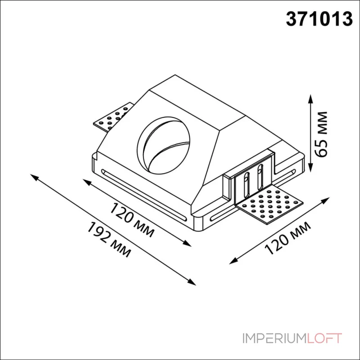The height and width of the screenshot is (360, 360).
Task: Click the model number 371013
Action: point(319,19)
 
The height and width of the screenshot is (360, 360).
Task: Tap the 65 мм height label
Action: point(321,134)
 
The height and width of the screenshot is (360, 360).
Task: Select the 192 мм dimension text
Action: point(108,239)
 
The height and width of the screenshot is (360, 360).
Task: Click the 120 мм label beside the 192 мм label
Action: point(131,220)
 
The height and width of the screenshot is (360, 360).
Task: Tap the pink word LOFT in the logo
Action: point(324,338)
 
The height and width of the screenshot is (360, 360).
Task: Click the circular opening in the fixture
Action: point(163,146)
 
